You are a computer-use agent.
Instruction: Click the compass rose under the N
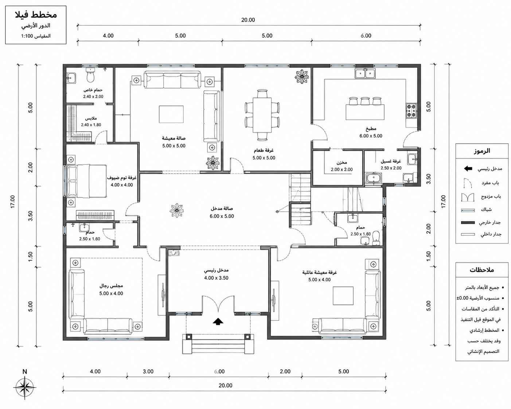[x=25, y=388]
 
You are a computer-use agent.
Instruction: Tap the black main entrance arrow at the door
[x=218, y=322]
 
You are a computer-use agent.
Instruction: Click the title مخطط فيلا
[x=36, y=15]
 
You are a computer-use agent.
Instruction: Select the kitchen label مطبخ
[x=371, y=129]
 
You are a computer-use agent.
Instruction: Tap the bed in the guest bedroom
[x=87, y=181]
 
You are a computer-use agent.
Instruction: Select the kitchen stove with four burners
[x=411, y=111]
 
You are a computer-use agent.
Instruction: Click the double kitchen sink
[x=365, y=73]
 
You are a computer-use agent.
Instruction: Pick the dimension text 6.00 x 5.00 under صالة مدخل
[x=222, y=217]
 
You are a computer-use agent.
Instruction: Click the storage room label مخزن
[x=342, y=163]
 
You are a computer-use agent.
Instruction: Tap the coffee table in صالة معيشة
[x=171, y=114]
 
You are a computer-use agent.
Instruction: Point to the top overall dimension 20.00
[x=248, y=20]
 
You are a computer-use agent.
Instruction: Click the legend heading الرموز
[x=482, y=151]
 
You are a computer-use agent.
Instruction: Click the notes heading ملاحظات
[x=482, y=270]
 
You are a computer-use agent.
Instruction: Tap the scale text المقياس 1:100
[x=36, y=36]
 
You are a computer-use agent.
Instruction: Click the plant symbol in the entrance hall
[x=177, y=210]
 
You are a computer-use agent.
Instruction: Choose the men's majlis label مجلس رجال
[x=111, y=286]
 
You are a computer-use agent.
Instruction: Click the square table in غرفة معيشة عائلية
[x=343, y=296]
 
